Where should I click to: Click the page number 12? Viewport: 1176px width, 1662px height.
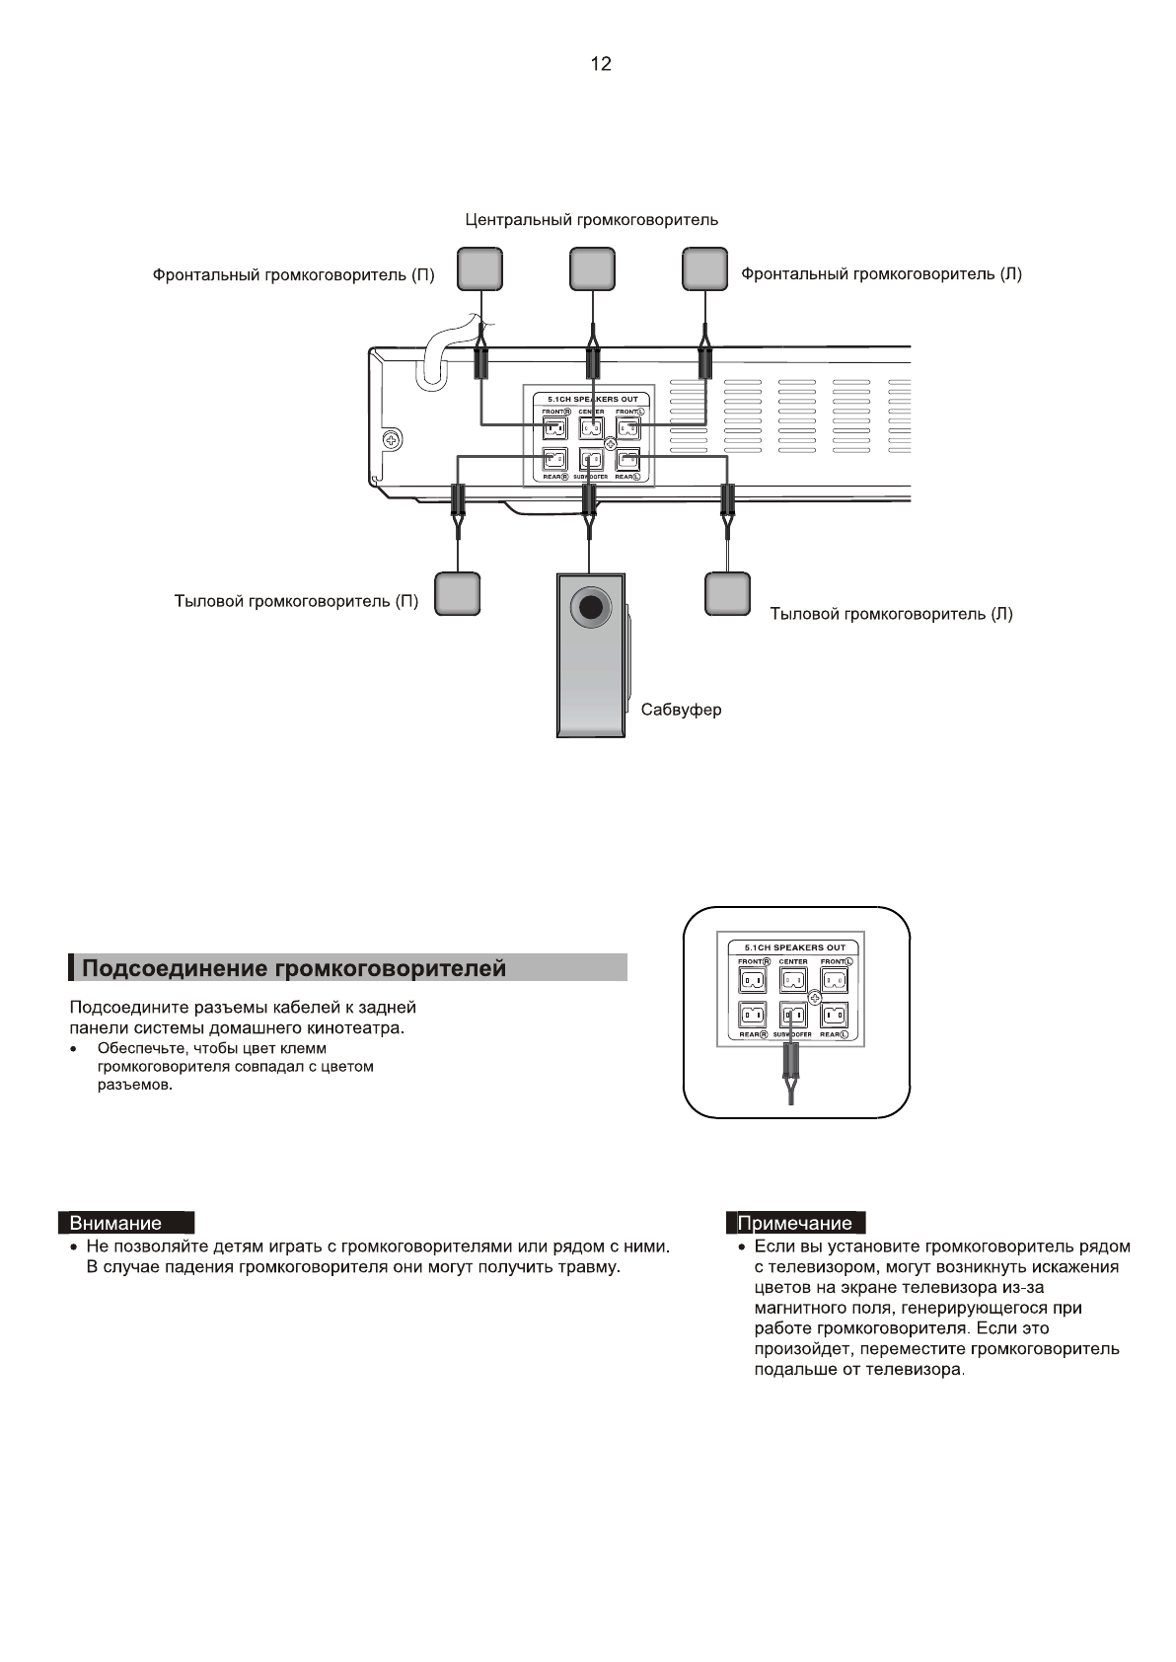(x=600, y=64)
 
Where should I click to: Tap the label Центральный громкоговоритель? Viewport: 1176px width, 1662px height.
(x=591, y=219)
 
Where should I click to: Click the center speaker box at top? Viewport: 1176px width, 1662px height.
(x=592, y=268)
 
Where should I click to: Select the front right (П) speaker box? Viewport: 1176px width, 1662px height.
(x=478, y=268)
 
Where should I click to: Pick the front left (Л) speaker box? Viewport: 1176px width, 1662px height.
(x=704, y=268)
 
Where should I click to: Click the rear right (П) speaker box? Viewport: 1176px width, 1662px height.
(x=458, y=592)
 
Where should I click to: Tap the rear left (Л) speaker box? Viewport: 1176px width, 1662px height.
(x=728, y=592)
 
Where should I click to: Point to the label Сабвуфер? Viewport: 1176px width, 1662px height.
(x=681, y=710)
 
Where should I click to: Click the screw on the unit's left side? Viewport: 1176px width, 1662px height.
(x=392, y=439)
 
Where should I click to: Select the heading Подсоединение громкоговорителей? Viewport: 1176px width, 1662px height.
(x=294, y=968)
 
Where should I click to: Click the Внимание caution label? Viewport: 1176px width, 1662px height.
(x=115, y=1223)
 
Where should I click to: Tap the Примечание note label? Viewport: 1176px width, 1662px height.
(x=795, y=1223)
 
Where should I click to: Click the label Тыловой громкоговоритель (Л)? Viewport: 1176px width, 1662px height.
(x=891, y=614)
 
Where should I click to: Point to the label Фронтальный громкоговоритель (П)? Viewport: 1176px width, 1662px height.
(x=293, y=275)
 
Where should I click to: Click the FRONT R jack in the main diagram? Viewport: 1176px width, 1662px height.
(x=554, y=428)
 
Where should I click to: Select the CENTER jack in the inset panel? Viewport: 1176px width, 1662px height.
(x=793, y=980)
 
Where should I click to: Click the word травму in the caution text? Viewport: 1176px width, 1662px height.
(x=586, y=1266)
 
